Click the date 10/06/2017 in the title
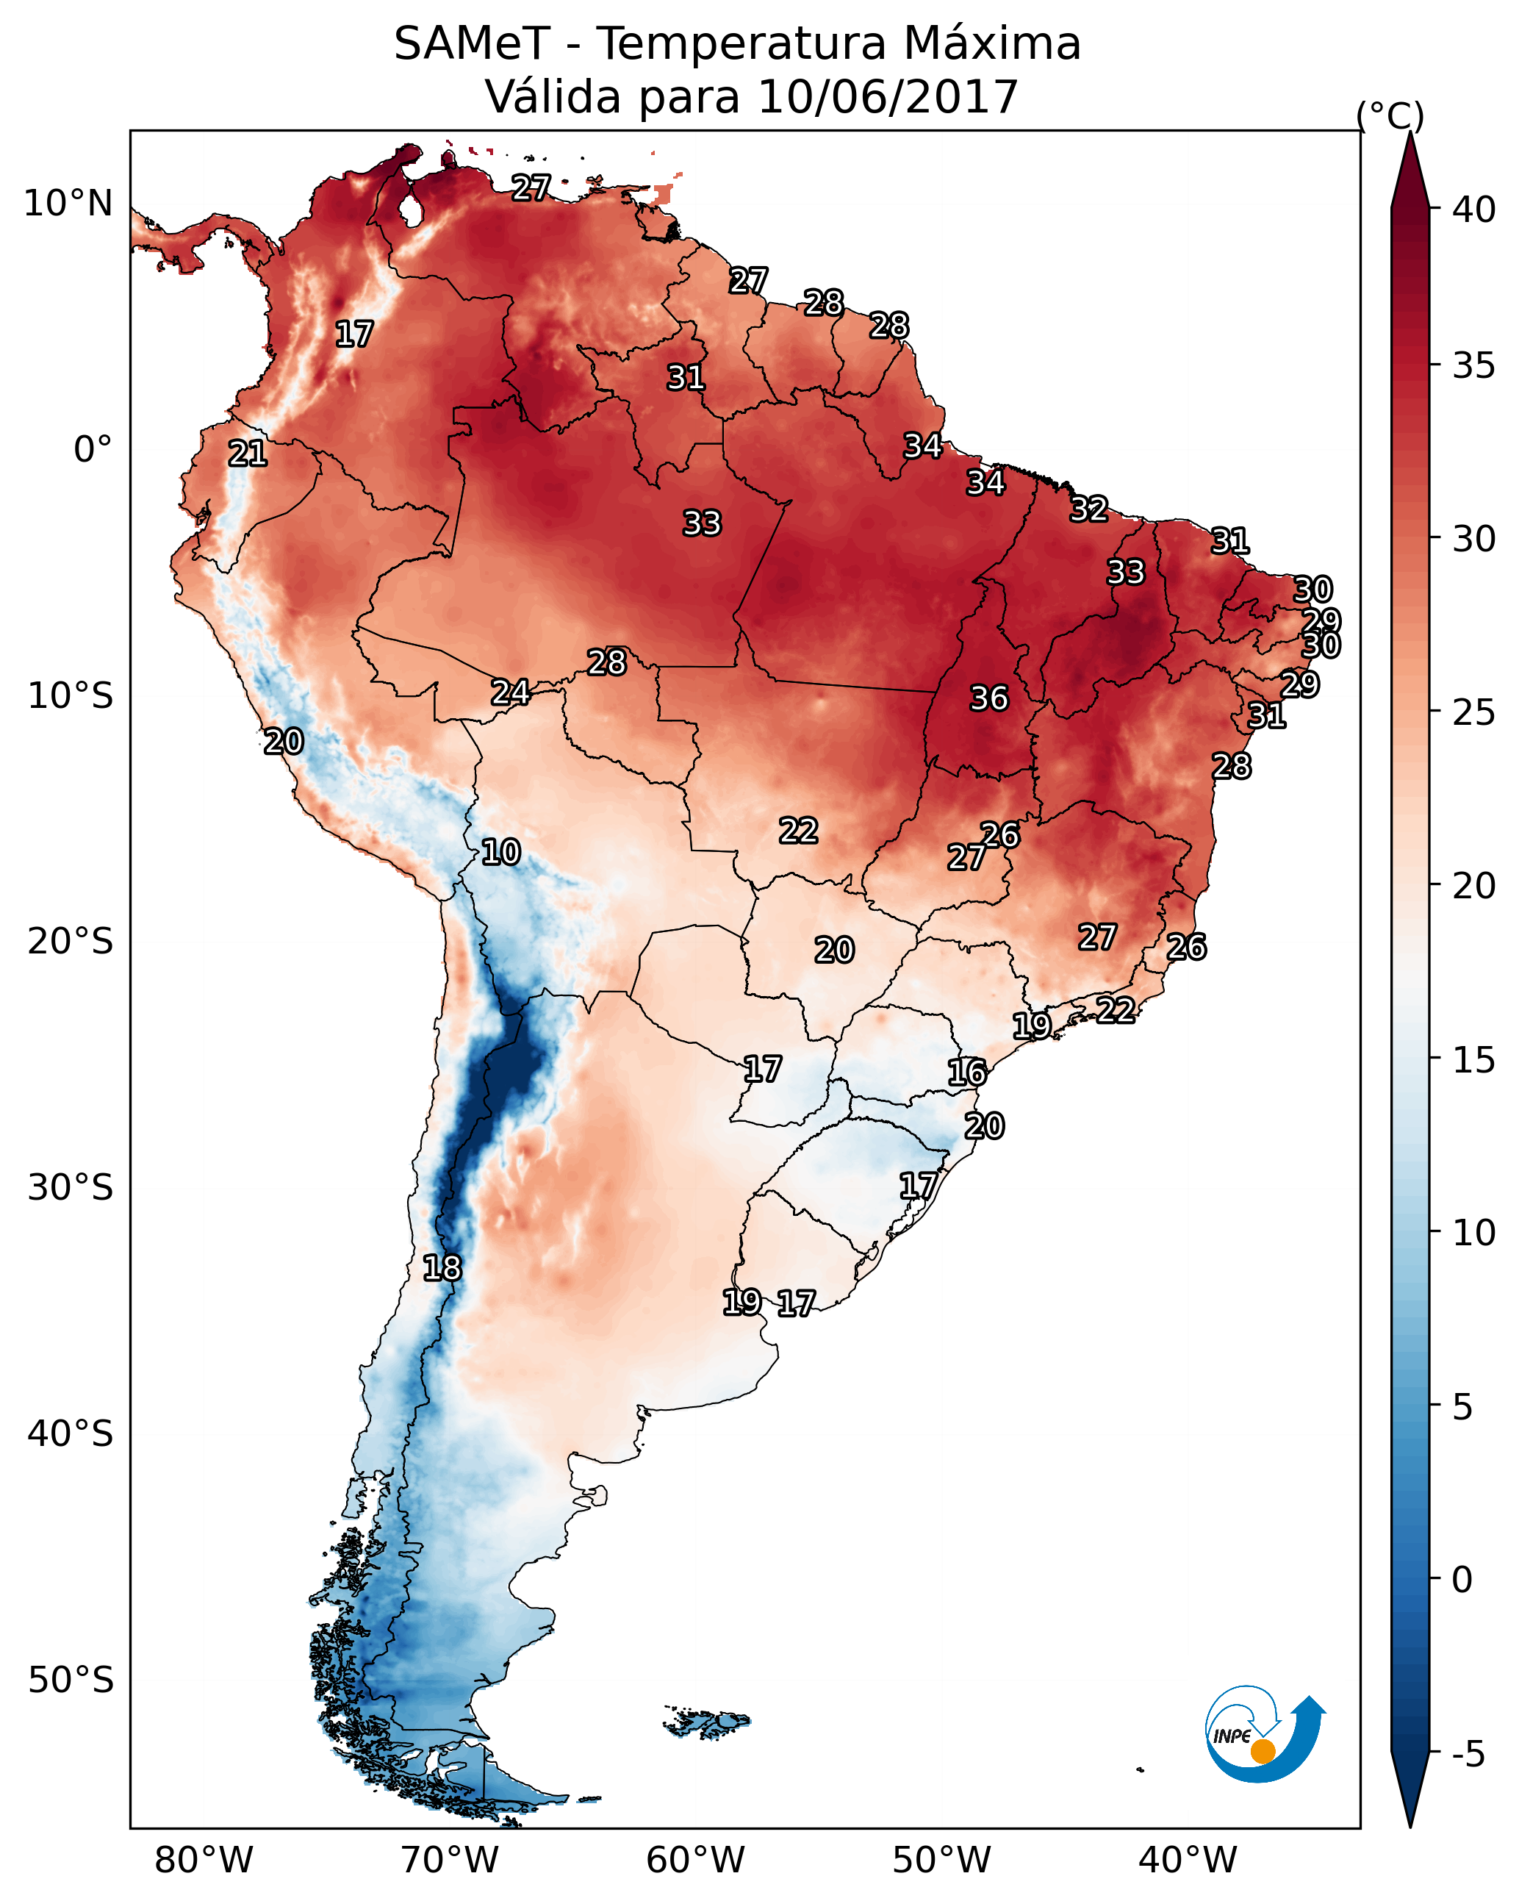coord(887,97)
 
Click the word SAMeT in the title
coord(472,44)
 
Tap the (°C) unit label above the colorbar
coord(1390,115)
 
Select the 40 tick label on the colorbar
coord(1474,210)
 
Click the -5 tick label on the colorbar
coord(1469,1754)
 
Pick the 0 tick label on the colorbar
coord(1462,1580)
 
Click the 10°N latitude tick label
coord(68,204)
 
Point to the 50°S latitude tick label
coord(71,1680)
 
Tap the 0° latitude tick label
coord(93,450)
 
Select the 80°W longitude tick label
coord(204,1861)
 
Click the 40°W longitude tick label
coord(1188,1861)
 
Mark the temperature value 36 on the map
coord(988,698)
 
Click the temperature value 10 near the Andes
coord(500,852)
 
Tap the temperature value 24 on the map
coord(511,692)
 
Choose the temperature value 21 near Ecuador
coord(248,454)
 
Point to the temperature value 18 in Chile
coord(442,1268)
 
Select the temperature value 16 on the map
coord(966,1073)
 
